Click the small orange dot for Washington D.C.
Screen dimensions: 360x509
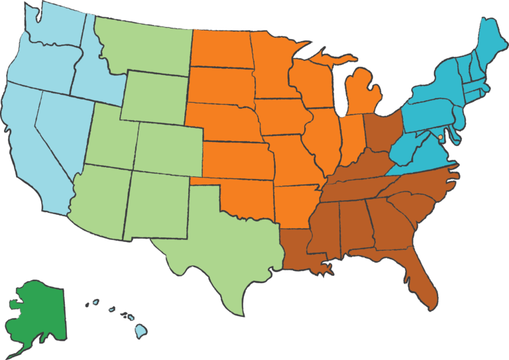[x=441, y=137]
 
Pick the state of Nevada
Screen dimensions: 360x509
[x=60, y=133]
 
